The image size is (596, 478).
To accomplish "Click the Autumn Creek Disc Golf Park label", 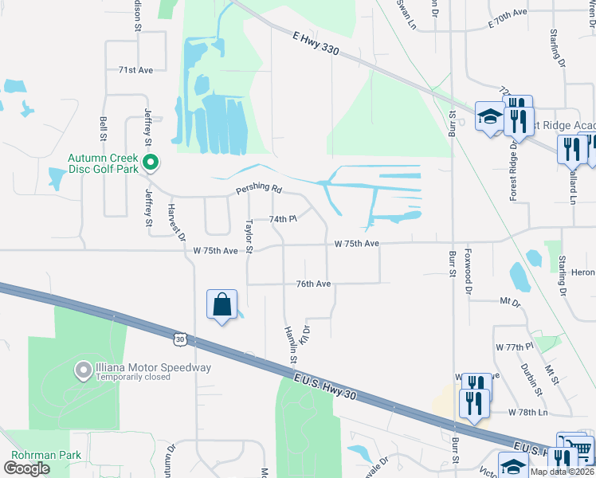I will click(104, 163).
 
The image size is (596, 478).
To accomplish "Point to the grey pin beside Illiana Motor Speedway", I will click(83, 370).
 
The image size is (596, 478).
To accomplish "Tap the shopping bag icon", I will click(222, 304).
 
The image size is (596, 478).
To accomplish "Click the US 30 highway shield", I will click(181, 339).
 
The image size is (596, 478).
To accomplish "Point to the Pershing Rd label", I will click(259, 190).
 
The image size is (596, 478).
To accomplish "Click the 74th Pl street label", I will click(282, 218).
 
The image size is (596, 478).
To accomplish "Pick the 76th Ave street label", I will click(313, 284).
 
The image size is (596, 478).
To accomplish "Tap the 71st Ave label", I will click(135, 70).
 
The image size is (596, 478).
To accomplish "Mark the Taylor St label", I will click(249, 237).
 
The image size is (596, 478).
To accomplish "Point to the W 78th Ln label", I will click(528, 413).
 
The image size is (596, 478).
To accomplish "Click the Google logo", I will click(26, 468).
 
